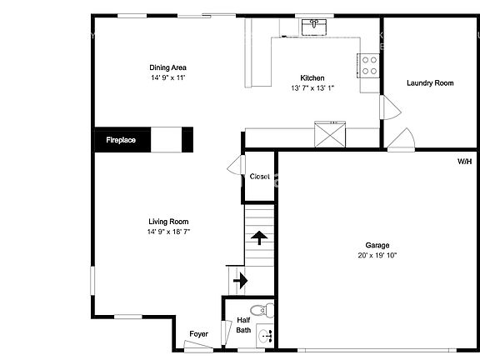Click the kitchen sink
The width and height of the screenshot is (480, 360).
(314, 27)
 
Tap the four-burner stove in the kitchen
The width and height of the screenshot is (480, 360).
(368, 66)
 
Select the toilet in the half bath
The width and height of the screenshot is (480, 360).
(262, 310)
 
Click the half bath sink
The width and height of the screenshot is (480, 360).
(265, 336)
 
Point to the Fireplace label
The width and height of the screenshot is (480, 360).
(121, 140)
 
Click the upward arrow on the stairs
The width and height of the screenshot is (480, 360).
(259, 237)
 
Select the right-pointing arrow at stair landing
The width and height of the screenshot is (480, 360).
(241, 280)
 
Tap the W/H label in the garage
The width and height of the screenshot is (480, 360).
(464, 162)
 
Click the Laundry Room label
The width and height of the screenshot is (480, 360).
(430, 83)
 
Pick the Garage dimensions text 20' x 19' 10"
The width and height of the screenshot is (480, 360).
(377, 255)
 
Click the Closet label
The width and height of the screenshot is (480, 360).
(260, 177)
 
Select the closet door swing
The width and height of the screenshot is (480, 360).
(236, 165)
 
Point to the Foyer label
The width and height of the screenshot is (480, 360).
(198, 334)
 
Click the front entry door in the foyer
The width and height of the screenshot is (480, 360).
(197, 345)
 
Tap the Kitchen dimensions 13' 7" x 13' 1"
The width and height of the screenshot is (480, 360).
(312, 88)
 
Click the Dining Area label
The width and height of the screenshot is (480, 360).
(167, 67)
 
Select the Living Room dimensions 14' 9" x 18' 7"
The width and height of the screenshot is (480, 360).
(168, 232)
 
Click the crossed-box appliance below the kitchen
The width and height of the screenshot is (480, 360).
(330, 134)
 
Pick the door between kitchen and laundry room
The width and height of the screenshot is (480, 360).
(390, 107)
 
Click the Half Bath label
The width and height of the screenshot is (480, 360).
(243, 325)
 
